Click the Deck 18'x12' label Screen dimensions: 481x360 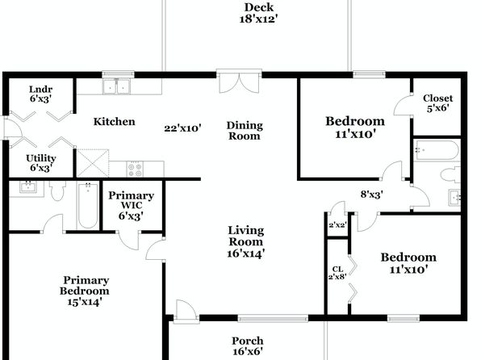tap(258, 13)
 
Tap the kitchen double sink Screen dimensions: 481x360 tap(116, 86)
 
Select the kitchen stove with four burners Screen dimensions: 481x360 tap(135, 170)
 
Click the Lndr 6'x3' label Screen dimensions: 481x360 tap(41, 94)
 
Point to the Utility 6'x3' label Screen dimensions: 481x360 tap(41, 163)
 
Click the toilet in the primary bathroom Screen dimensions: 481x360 tap(57, 190)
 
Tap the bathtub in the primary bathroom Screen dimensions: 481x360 tap(88, 205)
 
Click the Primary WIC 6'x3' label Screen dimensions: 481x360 tap(131, 206)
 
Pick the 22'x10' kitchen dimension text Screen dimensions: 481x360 tap(182, 128)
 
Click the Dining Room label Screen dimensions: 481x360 tap(245, 131)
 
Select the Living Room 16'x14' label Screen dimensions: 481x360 tap(245, 242)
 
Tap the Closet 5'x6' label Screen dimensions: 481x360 tap(437, 103)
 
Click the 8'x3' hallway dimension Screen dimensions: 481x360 tap(371, 195)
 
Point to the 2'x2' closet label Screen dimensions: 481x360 tap(337, 225)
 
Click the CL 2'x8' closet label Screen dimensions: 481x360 tap(337, 273)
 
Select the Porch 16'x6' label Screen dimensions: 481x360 tap(247, 346)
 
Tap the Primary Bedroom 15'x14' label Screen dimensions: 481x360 tap(85, 291)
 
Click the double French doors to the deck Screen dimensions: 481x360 tap(239, 81)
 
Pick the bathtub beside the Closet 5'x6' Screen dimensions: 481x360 tap(436, 150)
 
